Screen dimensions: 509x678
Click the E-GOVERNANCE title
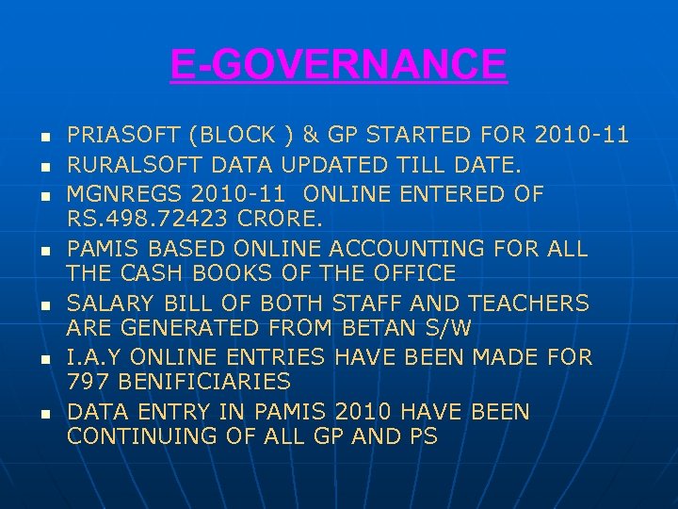click(338, 65)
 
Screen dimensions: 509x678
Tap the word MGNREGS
click(122, 194)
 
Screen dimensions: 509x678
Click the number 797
click(86, 382)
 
